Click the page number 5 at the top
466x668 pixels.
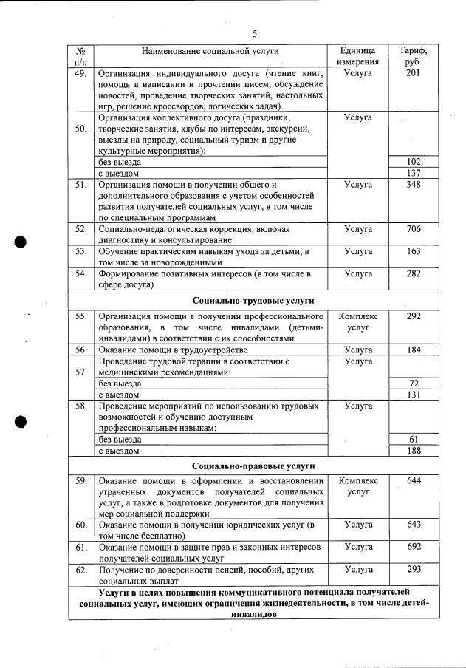click(x=255, y=33)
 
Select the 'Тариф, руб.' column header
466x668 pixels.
click(x=413, y=57)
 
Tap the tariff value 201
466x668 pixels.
click(x=414, y=74)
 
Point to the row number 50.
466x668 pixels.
click(x=81, y=129)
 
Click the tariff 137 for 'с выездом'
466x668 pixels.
click(x=414, y=172)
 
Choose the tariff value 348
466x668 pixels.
click(x=414, y=184)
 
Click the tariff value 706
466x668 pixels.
click(x=414, y=229)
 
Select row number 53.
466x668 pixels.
click(x=81, y=251)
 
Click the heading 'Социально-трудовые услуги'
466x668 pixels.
click(x=253, y=301)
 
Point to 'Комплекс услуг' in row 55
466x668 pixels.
click(x=358, y=321)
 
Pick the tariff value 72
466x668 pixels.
click(x=414, y=384)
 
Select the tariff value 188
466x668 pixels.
click(x=414, y=451)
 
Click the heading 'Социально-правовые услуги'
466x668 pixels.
click(x=253, y=466)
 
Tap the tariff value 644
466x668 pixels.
click(x=414, y=481)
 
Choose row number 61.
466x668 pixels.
click(x=81, y=547)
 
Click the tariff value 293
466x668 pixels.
click(x=414, y=570)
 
